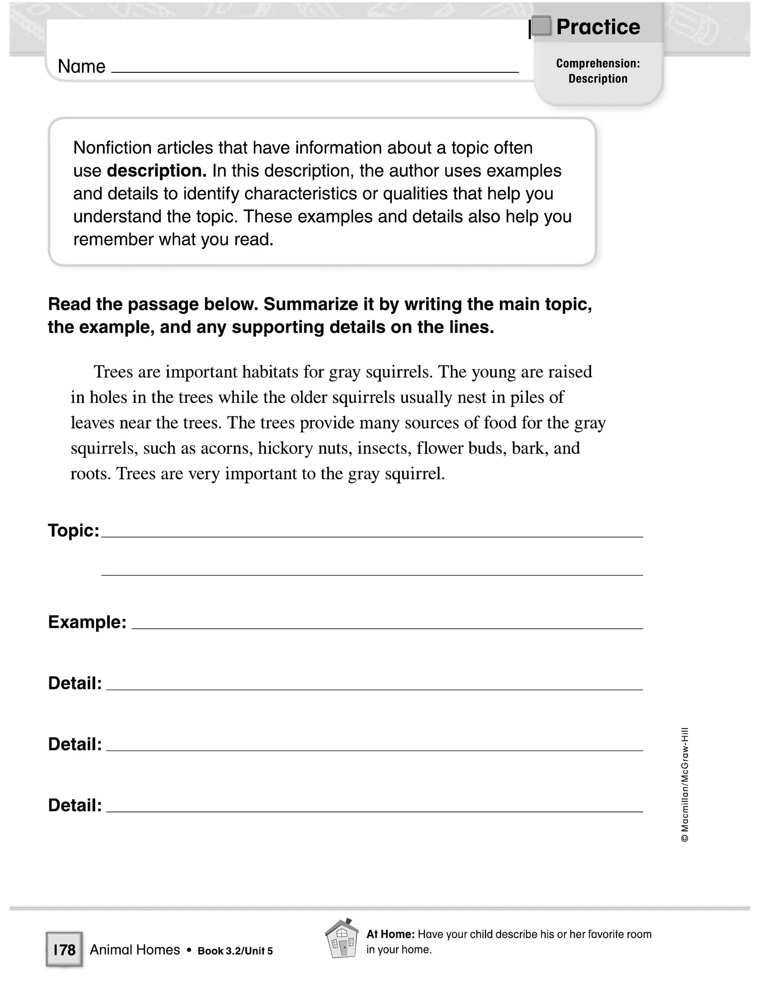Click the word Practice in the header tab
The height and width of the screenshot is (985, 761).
click(598, 27)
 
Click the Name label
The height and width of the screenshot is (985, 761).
click(81, 67)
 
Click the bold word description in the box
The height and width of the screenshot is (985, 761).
click(156, 171)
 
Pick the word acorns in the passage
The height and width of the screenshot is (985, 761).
click(226, 449)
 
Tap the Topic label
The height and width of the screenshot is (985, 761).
click(74, 530)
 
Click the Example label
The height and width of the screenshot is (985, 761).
click(87, 622)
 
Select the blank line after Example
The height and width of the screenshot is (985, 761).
click(387, 627)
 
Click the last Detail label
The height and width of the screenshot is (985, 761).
click(75, 805)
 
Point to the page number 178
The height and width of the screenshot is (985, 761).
click(64, 950)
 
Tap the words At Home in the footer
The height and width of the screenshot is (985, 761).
click(390, 934)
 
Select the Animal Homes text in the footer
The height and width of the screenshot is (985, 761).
click(135, 950)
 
